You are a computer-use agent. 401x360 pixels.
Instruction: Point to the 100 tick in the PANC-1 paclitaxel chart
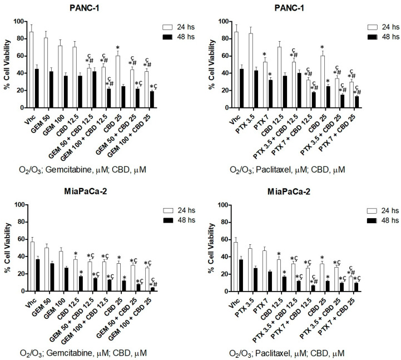pos(222,22)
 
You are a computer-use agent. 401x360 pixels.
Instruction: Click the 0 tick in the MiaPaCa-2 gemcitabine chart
pos(18,291)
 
